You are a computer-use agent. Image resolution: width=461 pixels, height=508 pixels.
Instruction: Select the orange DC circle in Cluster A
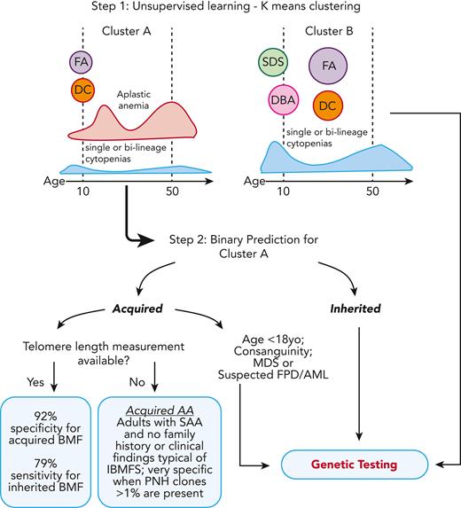(x=82, y=90)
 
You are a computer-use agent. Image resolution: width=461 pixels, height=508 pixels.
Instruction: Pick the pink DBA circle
(x=283, y=101)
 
